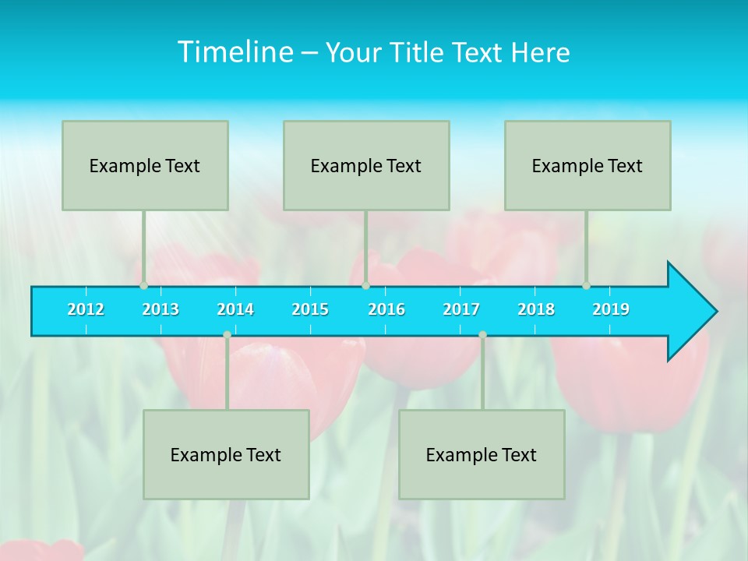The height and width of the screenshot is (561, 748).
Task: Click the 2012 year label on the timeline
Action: click(86, 309)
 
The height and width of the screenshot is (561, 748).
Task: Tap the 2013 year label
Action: click(161, 309)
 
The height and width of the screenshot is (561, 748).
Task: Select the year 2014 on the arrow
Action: click(235, 309)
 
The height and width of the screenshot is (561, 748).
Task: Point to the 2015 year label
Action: click(310, 309)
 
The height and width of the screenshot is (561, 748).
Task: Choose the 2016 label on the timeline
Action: click(386, 309)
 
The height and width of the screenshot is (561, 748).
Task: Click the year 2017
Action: click(461, 309)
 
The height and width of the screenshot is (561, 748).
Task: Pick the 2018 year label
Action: click(536, 309)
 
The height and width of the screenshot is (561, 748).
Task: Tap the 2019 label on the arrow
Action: click(611, 309)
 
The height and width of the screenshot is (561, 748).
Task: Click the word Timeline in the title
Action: click(234, 52)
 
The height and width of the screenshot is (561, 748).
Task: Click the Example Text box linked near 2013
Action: click(145, 165)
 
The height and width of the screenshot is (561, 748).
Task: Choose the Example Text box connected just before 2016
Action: click(366, 165)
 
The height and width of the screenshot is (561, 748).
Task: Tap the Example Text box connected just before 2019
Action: click(587, 165)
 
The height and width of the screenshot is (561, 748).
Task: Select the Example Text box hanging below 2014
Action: click(226, 454)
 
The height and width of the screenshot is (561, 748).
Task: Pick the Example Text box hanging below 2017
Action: click(482, 454)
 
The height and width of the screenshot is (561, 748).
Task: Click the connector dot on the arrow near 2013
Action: click(144, 285)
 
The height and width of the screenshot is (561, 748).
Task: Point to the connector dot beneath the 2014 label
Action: click(227, 335)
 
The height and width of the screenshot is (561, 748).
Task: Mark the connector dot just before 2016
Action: click(365, 285)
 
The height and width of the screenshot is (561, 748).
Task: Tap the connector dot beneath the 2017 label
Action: click(482, 335)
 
